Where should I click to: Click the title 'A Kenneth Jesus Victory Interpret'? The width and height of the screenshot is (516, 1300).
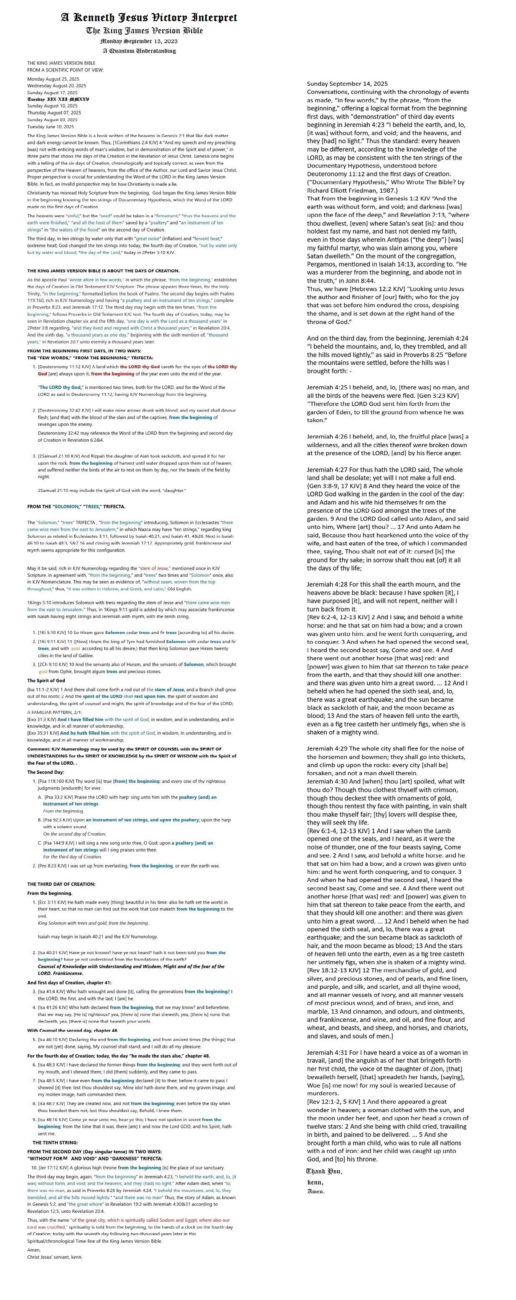click(149, 18)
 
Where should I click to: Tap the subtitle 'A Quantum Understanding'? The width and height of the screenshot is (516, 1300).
click(139, 51)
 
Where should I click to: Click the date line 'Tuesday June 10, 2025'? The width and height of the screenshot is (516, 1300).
click(51, 127)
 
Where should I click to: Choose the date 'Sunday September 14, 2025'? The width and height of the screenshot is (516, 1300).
click(347, 84)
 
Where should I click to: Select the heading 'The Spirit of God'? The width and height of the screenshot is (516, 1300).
click(46, 681)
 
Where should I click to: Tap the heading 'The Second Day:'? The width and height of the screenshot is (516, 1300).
click(46, 772)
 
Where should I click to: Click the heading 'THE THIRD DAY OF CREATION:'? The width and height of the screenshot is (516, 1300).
click(61, 884)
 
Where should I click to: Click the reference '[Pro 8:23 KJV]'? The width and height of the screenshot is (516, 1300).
click(52, 865)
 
